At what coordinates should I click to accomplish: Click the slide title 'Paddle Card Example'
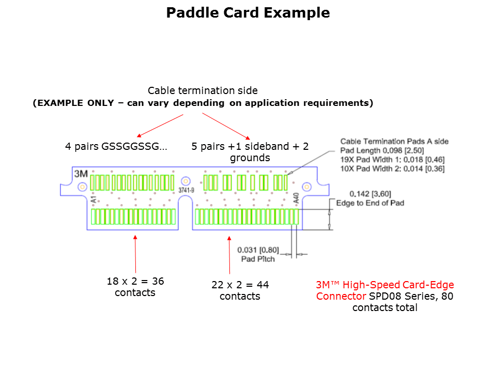point(248,13)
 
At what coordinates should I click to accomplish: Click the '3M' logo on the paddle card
point(81,174)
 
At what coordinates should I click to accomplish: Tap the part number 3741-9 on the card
point(186,191)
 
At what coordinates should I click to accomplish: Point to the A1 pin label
point(94,199)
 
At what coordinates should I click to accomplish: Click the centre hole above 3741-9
point(186,181)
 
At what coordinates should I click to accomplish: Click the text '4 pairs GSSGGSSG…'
point(116,146)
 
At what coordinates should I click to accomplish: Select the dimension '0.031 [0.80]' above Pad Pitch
point(258,251)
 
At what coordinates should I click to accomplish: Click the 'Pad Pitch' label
point(258,259)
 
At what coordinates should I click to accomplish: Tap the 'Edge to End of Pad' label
point(370,203)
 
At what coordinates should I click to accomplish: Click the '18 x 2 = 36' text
point(135,282)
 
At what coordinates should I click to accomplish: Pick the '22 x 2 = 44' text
point(240,285)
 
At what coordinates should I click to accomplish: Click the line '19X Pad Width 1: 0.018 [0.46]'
point(392,160)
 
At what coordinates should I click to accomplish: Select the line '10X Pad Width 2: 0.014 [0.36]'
point(392,168)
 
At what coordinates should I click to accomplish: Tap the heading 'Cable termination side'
point(203,91)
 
